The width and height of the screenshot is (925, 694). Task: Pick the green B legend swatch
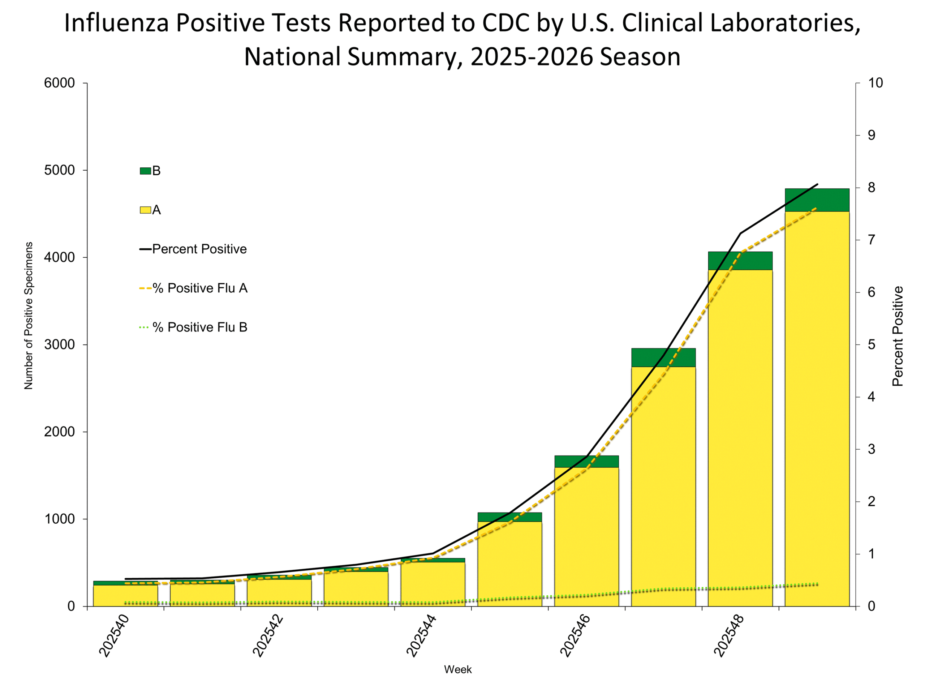click(145, 171)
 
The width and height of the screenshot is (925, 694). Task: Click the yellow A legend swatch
click(145, 210)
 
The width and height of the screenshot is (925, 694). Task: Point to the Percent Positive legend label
click(199, 249)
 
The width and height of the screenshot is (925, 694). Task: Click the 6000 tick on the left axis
click(59, 83)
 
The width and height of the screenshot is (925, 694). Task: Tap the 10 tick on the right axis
click(875, 83)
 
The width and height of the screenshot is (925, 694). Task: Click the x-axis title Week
click(457, 670)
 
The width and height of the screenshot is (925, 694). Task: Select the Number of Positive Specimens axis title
click(29, 316)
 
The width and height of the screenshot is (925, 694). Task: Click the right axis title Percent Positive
click(898, 336)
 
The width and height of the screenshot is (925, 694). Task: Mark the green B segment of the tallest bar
click(817, 200)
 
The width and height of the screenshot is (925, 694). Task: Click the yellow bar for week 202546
click(586, 540)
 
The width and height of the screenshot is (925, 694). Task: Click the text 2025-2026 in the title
click(532, 57)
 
